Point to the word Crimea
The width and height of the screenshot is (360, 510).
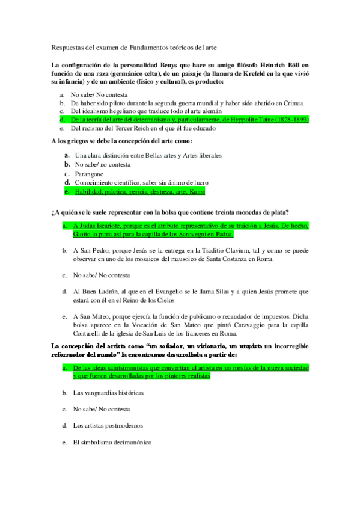(x=292, y=103)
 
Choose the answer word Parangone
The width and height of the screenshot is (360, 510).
(x=90, y=174)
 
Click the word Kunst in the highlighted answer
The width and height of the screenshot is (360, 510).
(x=197, y=191)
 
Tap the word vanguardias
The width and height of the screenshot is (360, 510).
(x=105, y=393)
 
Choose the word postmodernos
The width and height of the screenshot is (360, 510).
(x=123, y=426)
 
